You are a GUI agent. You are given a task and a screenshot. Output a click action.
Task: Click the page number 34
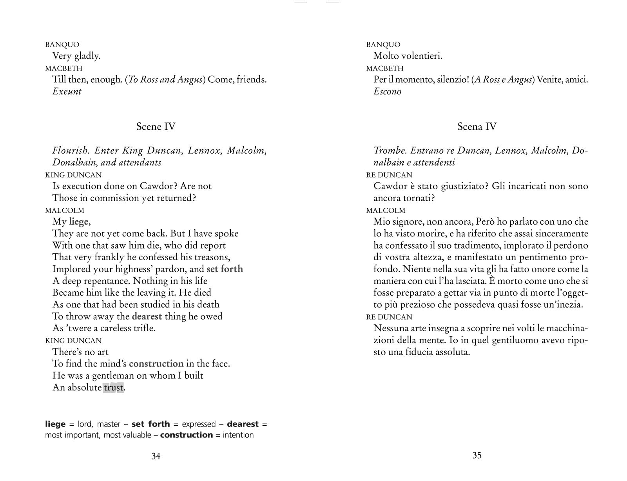pyautogui.click(x=156, y=456)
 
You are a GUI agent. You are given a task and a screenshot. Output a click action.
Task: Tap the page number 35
pyautogui.click(x=477, y=455)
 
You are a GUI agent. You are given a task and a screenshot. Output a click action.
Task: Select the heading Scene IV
pyautogui.click(x=156, y=127)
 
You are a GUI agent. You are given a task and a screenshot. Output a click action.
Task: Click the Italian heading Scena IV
pyautogui.click(x=477, y=127)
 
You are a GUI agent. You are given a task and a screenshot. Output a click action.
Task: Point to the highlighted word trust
pyautogui.click(x=113, y=388)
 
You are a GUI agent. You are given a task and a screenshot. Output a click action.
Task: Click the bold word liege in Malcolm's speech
pyautogui.click(x=79, y=222)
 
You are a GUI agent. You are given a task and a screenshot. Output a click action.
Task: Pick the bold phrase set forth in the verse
pyautogui.click(x=225, y=269)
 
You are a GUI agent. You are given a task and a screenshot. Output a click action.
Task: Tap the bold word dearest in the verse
pyautogui.click(x=147, y=316)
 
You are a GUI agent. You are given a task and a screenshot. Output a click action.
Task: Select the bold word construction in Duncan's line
pyautogui.click(x=156, y=364)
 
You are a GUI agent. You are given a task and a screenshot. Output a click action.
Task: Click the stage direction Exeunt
pyautogui.click(x=67, y=91)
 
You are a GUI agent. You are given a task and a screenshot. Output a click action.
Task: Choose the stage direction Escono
pyautogui.click(x=388, y=91)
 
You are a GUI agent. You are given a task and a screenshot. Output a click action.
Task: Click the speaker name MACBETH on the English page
pyautogui.click(x=64, y=68)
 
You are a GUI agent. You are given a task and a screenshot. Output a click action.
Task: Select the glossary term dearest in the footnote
pyautogui.click(x=243, y=424)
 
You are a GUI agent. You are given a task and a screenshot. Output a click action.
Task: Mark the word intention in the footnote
pyautogui.click(x=238, y=435)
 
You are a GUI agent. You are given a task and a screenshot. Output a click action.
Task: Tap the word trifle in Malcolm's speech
pyautogui.click(x=143, y=328)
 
